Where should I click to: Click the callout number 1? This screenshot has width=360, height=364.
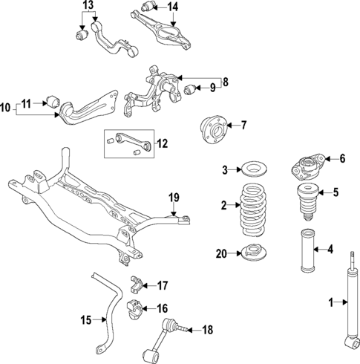click(x=332, y=302)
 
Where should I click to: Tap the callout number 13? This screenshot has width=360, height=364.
click(x=88, y=6)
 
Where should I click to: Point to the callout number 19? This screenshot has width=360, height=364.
click(x=174, y=197)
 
